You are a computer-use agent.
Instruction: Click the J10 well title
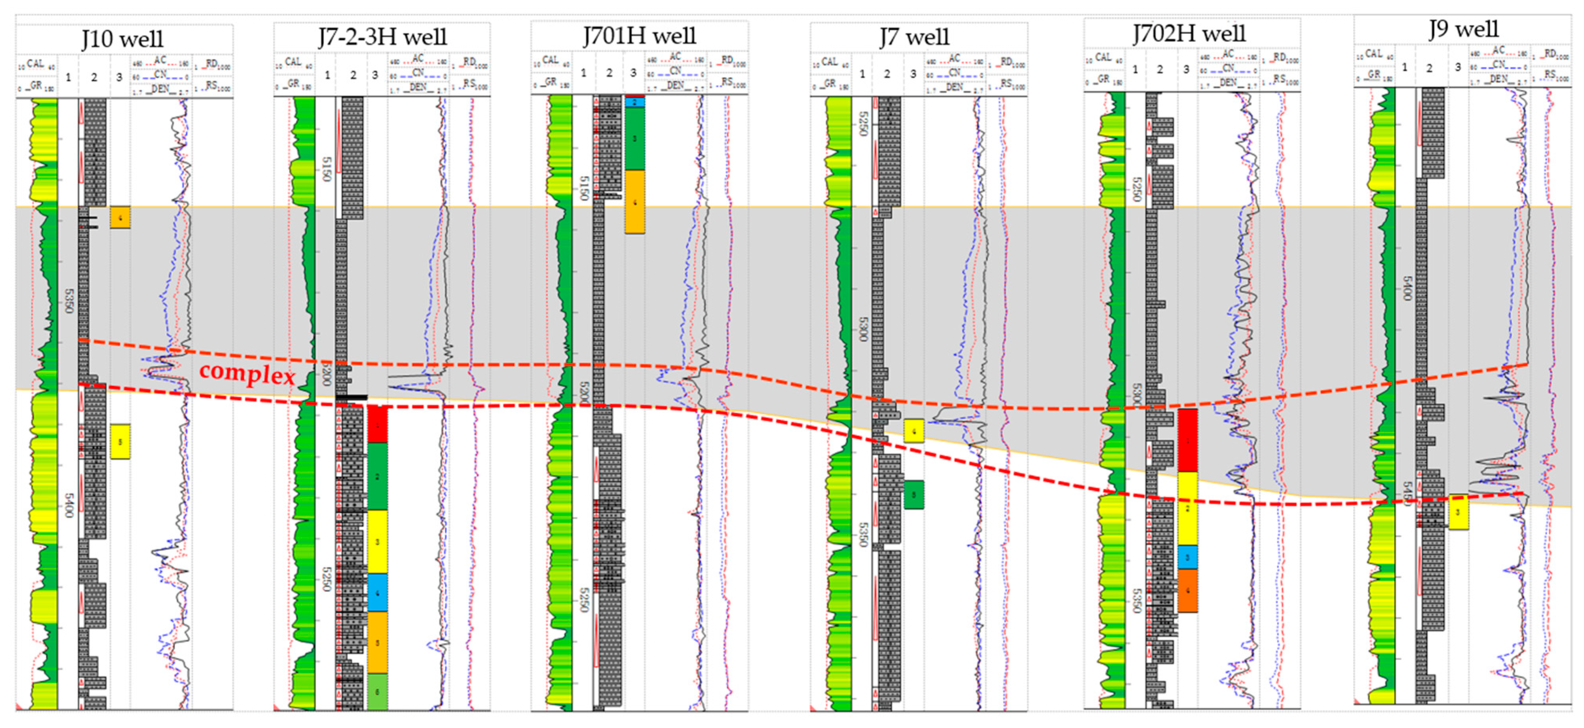[123, 39]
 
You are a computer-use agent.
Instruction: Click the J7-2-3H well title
[382, 37]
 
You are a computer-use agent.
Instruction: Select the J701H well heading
[640, 36]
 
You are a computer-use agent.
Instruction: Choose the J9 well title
[1464, 29]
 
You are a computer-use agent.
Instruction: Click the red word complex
[247, 373]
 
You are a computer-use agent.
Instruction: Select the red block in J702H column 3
[1187, 440]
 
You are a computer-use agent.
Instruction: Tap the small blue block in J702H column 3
[1187, 557]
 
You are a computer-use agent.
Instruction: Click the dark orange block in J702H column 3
[1187, 590]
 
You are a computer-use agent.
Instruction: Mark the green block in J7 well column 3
[914, 494]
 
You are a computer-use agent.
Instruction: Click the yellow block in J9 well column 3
[1459, 512]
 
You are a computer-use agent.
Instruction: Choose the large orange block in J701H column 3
[634, 202]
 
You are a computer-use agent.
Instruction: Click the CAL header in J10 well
[35, 63]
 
